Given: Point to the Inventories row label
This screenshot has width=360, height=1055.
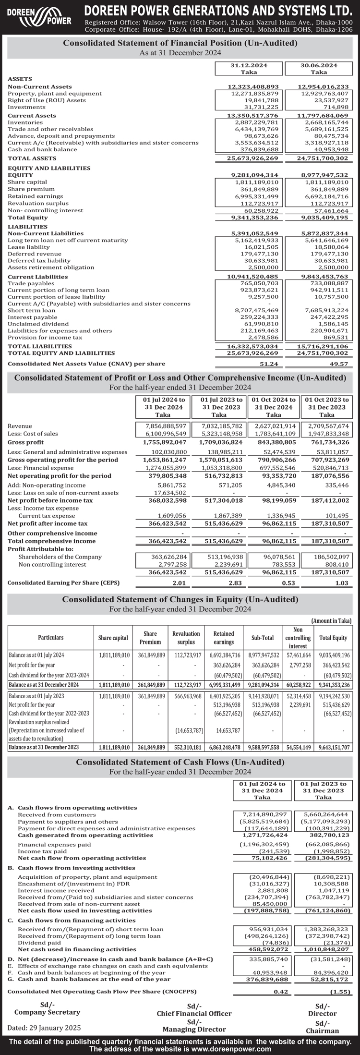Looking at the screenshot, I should (25, 122).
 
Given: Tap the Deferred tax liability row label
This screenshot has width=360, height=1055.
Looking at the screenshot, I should (36, 260).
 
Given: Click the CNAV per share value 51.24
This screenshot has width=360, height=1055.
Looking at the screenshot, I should (269, 364).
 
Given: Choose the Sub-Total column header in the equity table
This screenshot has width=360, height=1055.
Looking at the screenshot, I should (262, 638).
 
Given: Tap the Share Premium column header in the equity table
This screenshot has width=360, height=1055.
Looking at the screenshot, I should (150, 638).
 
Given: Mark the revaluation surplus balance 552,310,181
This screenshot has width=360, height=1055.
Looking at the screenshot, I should (186, 747).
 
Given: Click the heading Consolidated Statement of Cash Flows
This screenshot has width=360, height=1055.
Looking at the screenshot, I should (180, 762).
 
